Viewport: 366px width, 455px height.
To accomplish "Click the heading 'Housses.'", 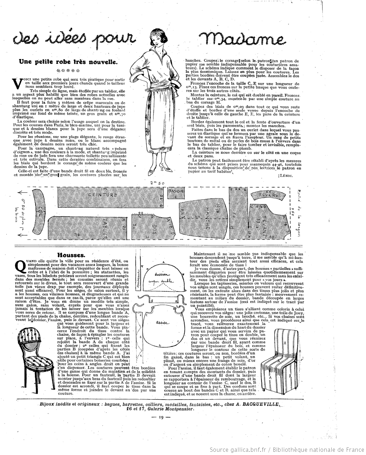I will pyautogui.click(x=71, y=255).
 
